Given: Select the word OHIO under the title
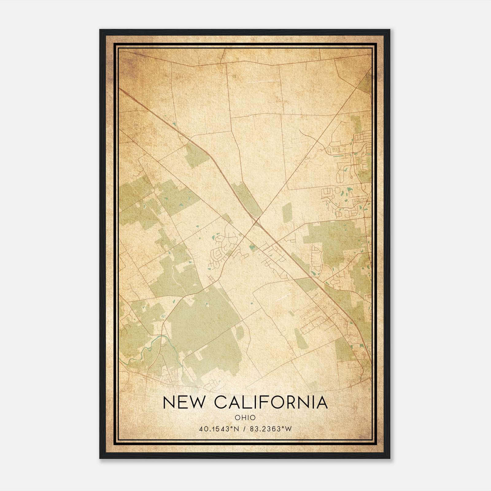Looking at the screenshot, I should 245,417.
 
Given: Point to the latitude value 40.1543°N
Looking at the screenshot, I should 219,429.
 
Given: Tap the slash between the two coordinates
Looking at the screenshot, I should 245,429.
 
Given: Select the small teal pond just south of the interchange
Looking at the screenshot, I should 252,247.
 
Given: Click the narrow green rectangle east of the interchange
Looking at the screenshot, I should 287,212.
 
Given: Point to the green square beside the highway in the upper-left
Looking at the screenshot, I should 196,155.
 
